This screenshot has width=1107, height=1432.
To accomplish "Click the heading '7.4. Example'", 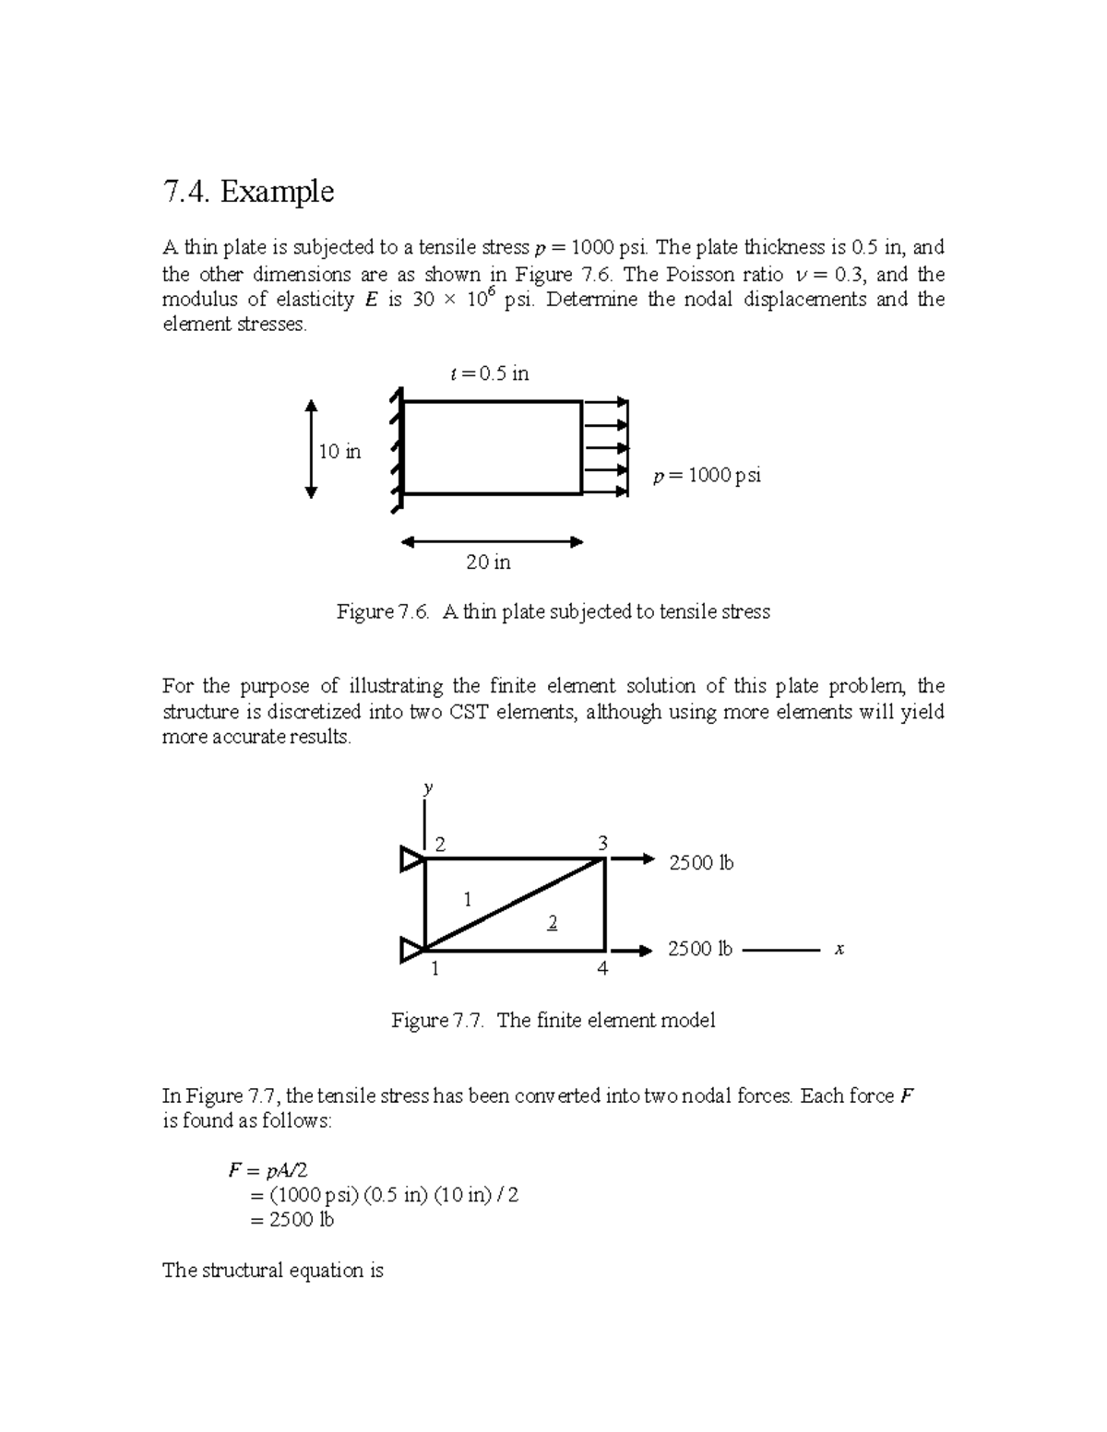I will point(247,192).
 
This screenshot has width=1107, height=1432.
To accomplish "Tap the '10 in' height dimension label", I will point(339,452).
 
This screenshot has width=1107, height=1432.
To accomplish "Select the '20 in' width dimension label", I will point(488,562).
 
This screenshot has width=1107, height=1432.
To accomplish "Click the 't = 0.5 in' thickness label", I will point(489,373).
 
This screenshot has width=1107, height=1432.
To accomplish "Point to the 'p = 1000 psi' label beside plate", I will point(707,476).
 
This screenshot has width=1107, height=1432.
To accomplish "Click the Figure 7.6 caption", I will point(553,612).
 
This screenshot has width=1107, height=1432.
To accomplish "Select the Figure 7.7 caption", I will point(553,1021).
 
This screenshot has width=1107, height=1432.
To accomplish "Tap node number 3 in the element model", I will point(602,843).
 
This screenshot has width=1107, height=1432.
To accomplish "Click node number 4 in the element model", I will point(602,969).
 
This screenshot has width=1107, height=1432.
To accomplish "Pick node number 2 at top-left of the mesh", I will point(440,844).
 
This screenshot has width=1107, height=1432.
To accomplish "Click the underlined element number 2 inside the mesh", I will point(552,923).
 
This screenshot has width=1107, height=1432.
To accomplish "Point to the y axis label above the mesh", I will point(428,787).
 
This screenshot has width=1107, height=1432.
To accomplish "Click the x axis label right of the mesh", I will point(839,949).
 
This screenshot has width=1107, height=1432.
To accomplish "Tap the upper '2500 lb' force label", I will point(701,863).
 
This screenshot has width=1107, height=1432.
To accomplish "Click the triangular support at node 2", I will point(411,859).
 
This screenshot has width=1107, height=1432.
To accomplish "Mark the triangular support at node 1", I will point(411,949).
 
